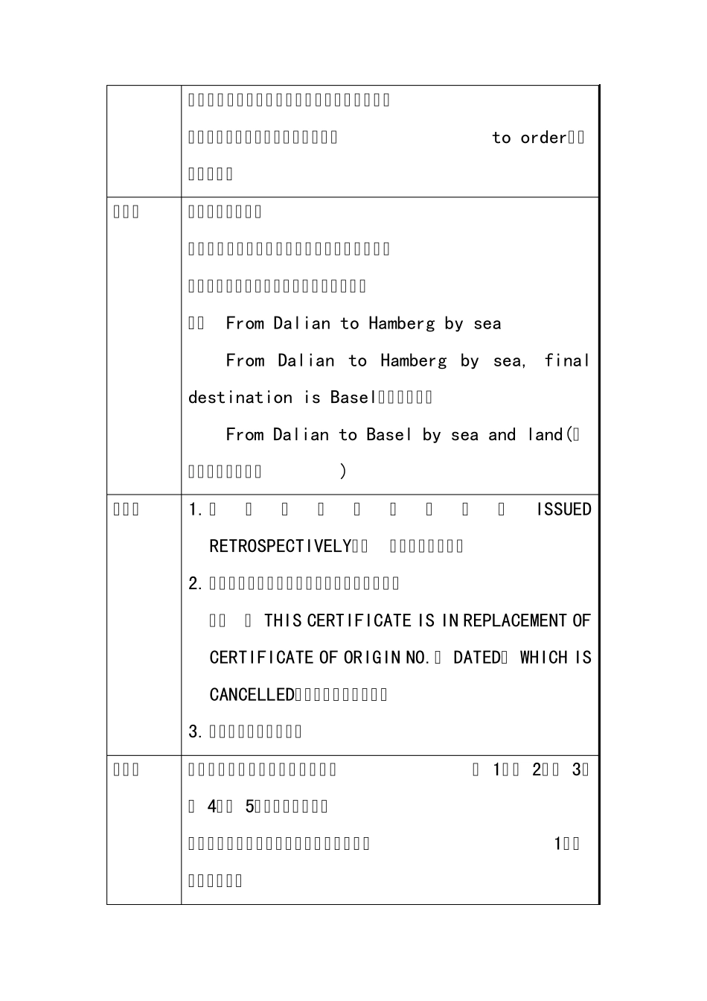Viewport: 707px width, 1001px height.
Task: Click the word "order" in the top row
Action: [x=543, y=138]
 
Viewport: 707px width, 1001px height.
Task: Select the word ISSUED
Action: [x=564, y=509]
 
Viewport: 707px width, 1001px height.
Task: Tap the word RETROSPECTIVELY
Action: [x=280, y=547]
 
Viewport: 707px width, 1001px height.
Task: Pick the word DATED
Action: [x=477, y=658]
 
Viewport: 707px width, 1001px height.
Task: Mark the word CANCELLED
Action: [x=252, y=695]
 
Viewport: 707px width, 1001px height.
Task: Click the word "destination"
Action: [x=240, y=398]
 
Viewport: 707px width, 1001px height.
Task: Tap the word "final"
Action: [x=566, y=361]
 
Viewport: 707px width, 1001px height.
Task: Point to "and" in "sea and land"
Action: [x=502, y=435]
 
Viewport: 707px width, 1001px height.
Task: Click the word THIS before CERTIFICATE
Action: [x=283, y=621]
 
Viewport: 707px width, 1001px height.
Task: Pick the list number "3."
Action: [x=196, y=731]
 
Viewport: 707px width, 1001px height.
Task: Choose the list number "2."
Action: [x=196, y=583]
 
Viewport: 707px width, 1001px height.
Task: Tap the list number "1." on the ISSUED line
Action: [x=196, y=509]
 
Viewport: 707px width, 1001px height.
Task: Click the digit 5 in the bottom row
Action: [x=249, y=807]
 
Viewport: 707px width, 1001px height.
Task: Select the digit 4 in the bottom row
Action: [x=211, y=807]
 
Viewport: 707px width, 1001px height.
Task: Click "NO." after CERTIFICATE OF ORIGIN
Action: [x=418, y=658]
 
